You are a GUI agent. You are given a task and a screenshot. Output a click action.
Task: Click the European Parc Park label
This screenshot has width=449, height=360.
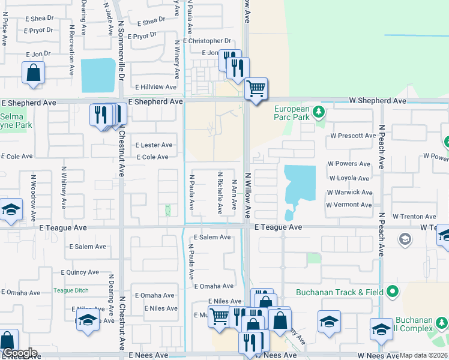[292, 113]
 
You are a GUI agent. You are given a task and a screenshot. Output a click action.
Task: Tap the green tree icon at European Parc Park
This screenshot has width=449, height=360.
[320, 112]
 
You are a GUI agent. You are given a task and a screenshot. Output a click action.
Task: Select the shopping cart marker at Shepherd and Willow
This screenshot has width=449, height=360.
[256, 89]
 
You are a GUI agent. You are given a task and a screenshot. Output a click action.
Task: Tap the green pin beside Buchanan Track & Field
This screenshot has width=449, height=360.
[393, 292]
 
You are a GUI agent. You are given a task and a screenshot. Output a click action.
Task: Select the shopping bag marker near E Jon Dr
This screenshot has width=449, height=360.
[33, 73]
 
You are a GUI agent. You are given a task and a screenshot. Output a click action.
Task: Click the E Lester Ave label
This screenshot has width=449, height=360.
[154, 145]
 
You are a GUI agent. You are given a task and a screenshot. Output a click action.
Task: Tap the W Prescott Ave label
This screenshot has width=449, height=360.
[352, 136]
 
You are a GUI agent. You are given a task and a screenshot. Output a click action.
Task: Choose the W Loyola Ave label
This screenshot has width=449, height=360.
[348, 178]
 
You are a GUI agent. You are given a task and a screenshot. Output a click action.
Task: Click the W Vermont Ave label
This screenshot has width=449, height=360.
[349, 205]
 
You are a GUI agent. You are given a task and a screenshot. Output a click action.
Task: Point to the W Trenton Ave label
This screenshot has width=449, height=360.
[414, 216]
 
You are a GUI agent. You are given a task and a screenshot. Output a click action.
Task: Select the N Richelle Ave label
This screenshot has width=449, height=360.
[220, 193]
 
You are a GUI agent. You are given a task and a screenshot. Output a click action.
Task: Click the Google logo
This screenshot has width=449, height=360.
[20, 353]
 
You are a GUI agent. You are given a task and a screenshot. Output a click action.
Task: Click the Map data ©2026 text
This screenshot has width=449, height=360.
[423, 355]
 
